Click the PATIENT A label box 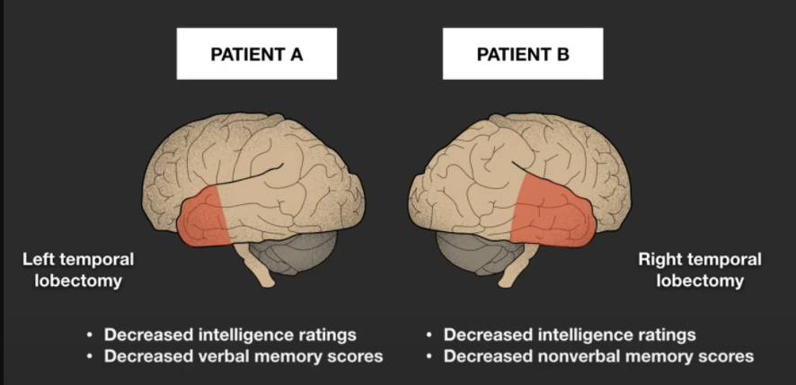pos(256,54)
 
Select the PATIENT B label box pos(522,54)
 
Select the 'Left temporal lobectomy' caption pos(79,270)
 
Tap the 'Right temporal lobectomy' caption pos(700,270)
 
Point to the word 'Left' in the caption pos(39,260)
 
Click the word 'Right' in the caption pos(659,260)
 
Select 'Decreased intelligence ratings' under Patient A pos(230,335)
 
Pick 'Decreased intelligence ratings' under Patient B pos(570,335)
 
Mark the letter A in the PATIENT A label pos(296,54)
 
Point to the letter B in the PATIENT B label pos(562,54)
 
